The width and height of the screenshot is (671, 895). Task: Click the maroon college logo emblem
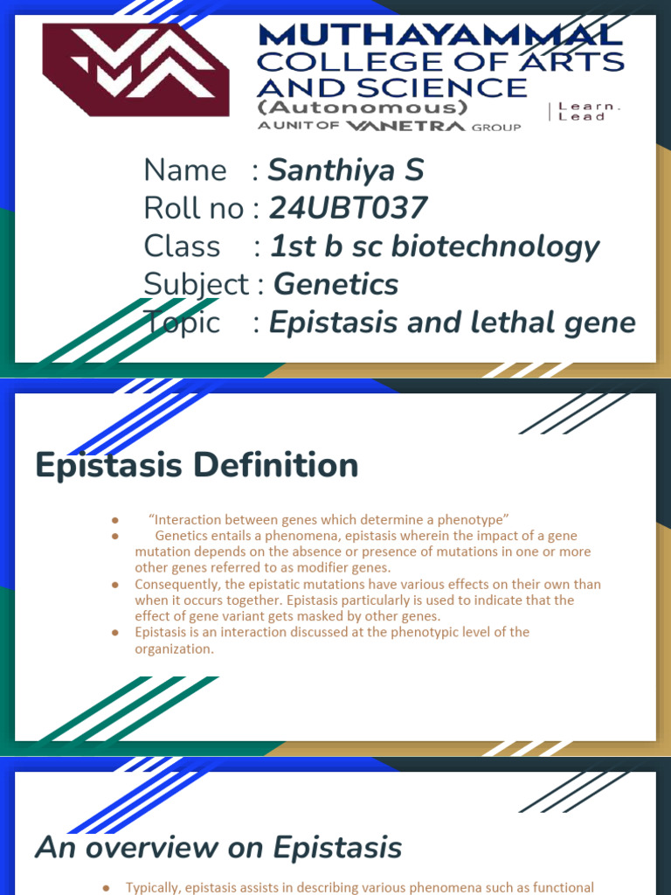coord(135,70)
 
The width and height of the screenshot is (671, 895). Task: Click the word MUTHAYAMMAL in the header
coord(440,36)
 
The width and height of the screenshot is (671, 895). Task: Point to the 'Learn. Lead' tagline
coord(590,111)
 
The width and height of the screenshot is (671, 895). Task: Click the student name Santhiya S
coord(345,170)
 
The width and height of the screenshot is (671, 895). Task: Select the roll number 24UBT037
coord(349,208)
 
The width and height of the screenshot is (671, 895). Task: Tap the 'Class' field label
coord(182,246)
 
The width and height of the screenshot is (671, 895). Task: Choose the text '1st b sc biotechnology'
coord(434,246)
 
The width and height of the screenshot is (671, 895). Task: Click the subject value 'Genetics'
coord(336,284)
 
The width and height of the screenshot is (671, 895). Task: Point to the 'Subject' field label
coord(197,284)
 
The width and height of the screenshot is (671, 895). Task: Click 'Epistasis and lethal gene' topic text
coord(452,323)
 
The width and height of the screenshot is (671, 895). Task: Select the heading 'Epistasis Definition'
coord(197,465)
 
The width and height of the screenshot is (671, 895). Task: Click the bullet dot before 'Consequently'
coord(114,584)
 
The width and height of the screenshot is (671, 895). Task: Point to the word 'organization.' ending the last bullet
coord(174,649)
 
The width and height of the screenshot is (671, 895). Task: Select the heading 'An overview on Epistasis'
coord(218,847)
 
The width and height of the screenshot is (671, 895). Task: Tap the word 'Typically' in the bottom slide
coord(154,887)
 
